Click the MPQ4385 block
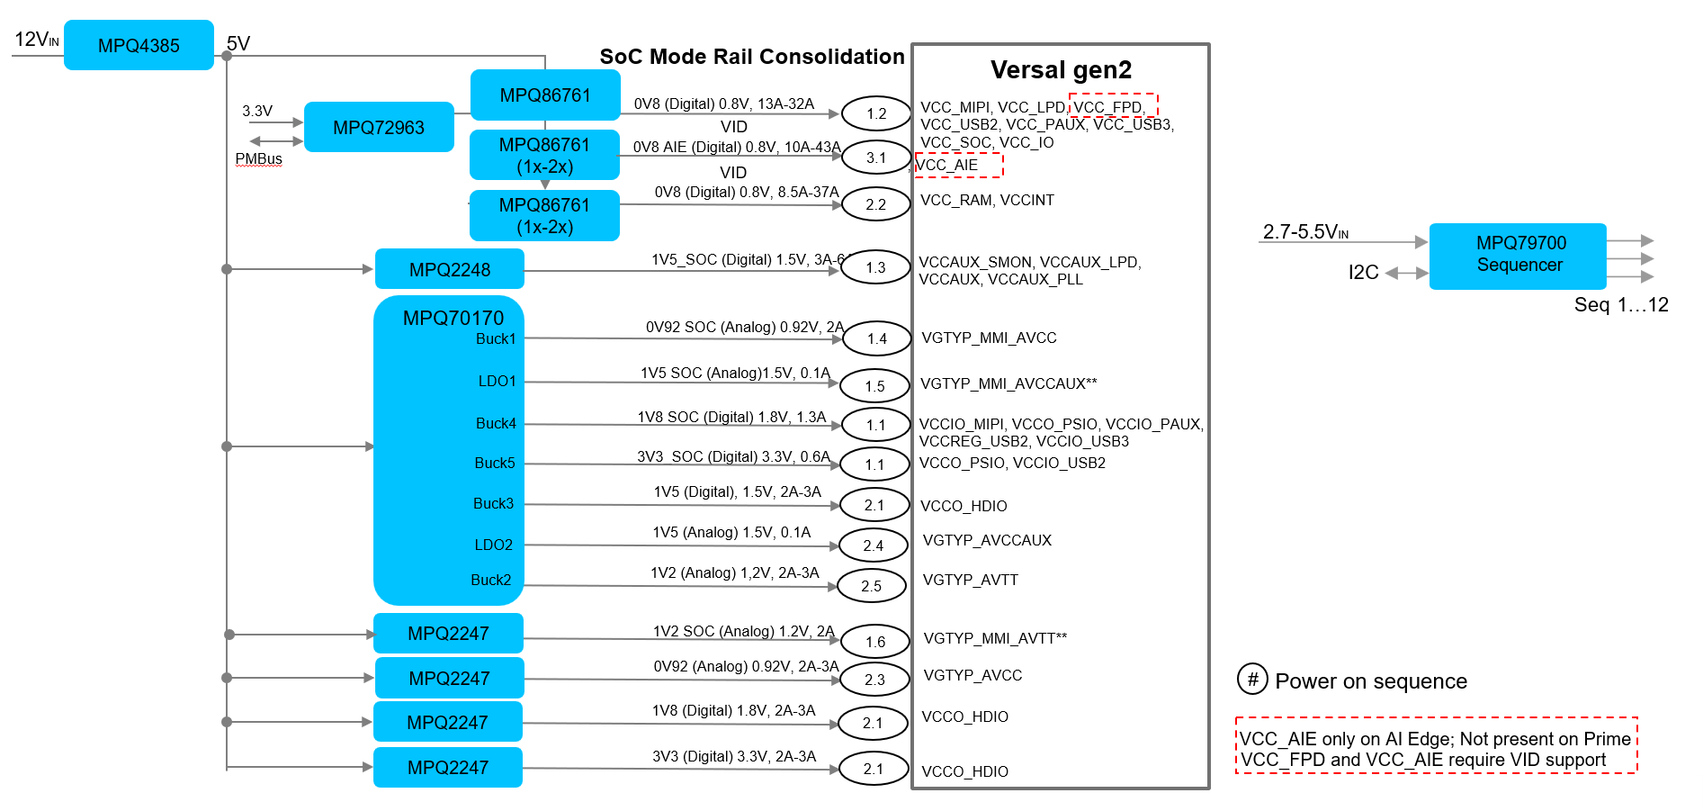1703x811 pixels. (139, 45)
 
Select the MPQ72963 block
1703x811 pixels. (379, 127)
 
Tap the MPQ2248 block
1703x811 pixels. (449, 269)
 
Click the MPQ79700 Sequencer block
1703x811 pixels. (1518, 256)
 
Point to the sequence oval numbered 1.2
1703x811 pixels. (876, 113)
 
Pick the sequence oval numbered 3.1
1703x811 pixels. (876, 158)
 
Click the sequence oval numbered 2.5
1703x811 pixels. (871, 586)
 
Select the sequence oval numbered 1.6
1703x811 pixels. (875, 642)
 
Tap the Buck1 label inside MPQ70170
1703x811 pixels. (496, 338)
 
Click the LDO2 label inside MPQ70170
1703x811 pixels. (494, 545)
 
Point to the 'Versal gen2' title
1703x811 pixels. (1061, 70)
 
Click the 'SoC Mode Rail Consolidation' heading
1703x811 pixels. (752, 57)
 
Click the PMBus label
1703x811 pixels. (258, 158)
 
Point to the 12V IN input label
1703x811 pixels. (37, 40)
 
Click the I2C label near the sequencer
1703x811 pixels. (1363, 273)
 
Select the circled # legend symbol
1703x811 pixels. (1252, 679)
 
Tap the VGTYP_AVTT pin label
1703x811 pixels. (971, 580)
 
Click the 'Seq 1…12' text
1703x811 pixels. (1621, 305)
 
